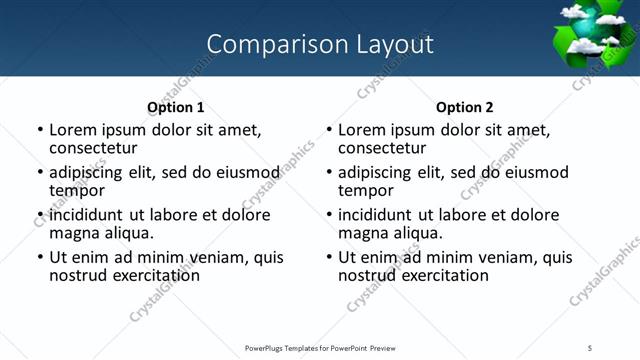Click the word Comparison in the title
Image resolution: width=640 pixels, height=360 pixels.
[x=262, y=44]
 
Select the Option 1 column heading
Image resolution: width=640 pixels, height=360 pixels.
[x=175, y=107]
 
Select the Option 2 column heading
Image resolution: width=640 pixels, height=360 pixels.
[x=464, y=107]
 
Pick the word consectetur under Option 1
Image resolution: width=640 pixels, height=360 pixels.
[x=93, y=147]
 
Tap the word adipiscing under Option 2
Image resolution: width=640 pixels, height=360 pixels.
[x=375, y=172]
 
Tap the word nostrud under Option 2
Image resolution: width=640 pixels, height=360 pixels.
[x=367, y=275]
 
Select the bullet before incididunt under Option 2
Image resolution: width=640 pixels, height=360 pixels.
[x=329, y=215]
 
